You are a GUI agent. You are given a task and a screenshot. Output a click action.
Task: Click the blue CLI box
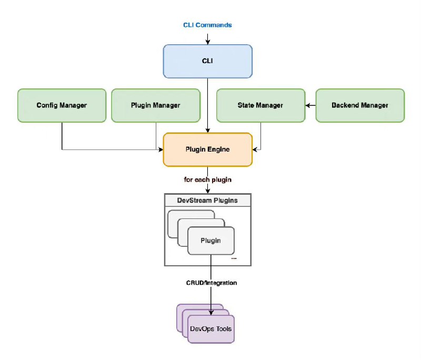click(x=207, y=61)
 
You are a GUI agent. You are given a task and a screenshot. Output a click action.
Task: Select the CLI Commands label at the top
click(x=207, y=25)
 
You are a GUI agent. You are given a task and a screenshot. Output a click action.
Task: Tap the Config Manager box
click(x=62, y=105)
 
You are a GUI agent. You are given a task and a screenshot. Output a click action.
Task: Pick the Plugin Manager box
click(x=155, y=105)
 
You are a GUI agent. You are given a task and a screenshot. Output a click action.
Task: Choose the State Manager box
click(x=260, y=105)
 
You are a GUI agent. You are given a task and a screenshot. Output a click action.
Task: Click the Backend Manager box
click(x=359, y=105)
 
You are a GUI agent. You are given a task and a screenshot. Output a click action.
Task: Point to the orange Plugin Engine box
click(x=207, y=149)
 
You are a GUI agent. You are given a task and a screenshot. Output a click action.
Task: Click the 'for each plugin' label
click(x=207, y=179)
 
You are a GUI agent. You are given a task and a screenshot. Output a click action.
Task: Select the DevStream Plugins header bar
click(x=207, y=201)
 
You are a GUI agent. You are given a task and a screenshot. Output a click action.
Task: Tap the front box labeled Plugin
click(x=210, y=241)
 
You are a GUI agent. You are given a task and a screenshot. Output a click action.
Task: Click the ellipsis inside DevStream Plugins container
click(x=234, y=258)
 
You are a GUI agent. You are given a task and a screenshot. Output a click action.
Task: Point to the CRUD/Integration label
click(x=211, y=283)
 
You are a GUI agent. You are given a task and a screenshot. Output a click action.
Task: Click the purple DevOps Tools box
click(x=210, y=329)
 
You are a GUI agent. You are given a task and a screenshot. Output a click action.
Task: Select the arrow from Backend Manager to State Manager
click(x=310, y=105)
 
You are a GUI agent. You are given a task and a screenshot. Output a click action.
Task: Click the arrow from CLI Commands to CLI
click(x=207, y=39)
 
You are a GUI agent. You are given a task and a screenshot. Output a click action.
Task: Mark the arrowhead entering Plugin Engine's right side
click(x=255, y=149)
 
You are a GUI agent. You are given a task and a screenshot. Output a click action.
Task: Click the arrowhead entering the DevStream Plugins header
click(x=207, y=191)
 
